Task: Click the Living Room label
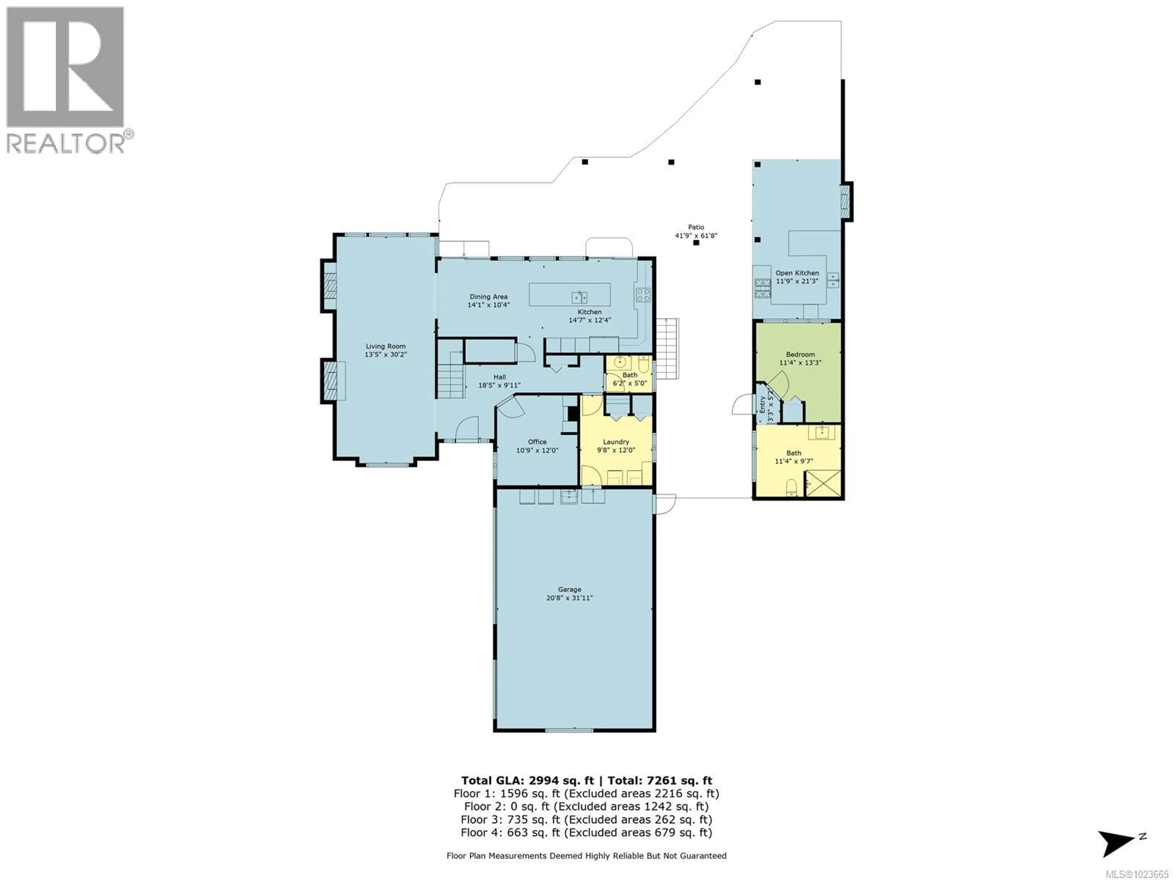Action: (x=386, y=346)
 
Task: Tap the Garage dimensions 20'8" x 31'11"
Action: (x=569, y=598)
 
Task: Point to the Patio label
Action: (x=696, y=227)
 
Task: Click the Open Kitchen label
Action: (x=797, y=273)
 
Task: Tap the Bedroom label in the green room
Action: (x=800, y=354)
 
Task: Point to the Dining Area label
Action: (x=488, y=296)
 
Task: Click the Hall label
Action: (x=499, y=377)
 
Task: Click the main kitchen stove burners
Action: (x=643, y=294)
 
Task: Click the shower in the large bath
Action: (x=823, y=483)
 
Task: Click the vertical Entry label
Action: (x=762, y=405)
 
